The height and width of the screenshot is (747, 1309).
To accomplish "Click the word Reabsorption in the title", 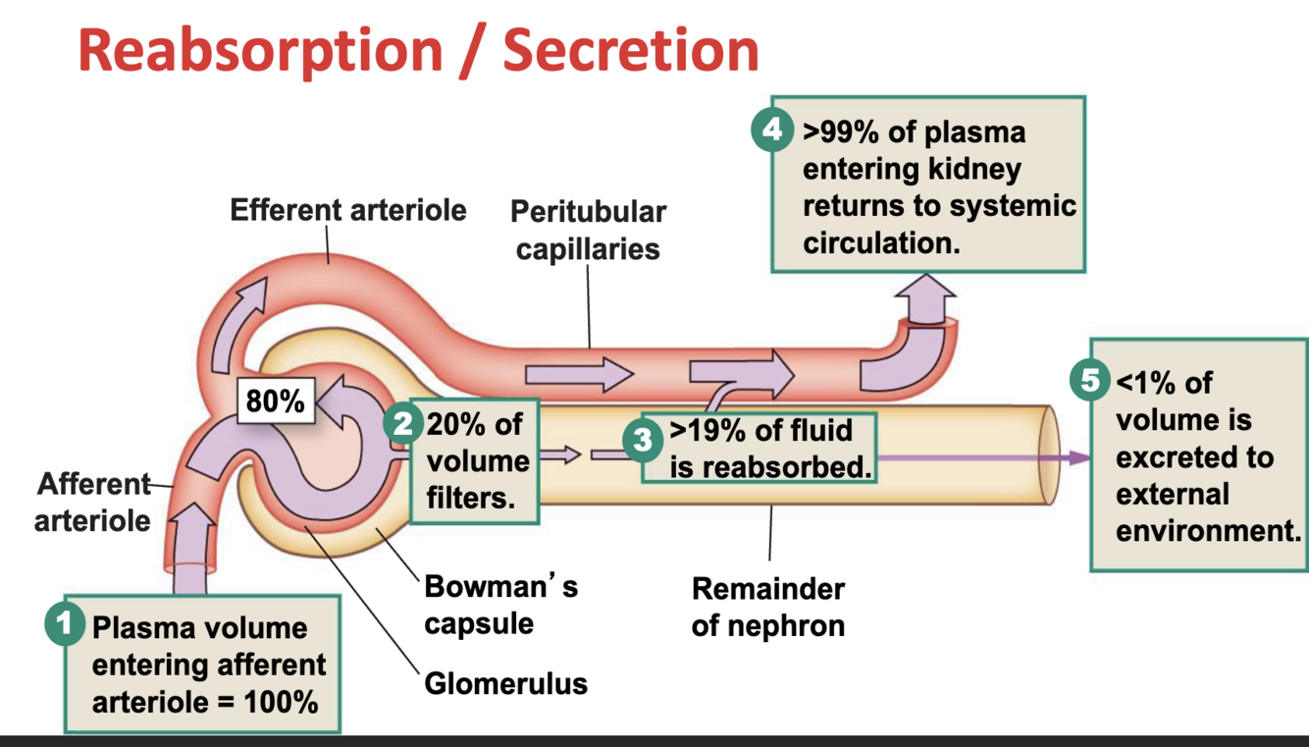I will point(258,50).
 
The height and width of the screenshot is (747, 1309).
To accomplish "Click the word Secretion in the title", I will point(631,50).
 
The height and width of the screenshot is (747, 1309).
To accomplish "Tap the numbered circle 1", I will point(65,623).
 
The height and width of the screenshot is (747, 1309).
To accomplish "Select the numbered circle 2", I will point(403,424).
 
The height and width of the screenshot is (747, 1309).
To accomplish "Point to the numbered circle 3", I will point(643,440).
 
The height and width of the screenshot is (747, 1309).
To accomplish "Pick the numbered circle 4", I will point(772,131).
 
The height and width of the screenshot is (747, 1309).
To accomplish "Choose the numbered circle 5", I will point(1091,380).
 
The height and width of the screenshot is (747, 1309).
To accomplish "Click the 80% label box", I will point(276,400).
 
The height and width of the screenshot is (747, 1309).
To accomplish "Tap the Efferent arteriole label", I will point(348,210).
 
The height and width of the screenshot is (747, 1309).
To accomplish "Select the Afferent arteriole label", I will point(93,502).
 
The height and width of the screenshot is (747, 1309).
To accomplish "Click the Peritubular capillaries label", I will point(588,230).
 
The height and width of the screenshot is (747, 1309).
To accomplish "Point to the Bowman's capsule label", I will point(500,605).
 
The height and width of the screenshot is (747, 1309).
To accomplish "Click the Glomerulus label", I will point(505,682).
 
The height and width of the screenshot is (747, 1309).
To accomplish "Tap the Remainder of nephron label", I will point(767,607).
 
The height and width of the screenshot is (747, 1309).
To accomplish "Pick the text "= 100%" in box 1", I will point(277,703).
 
